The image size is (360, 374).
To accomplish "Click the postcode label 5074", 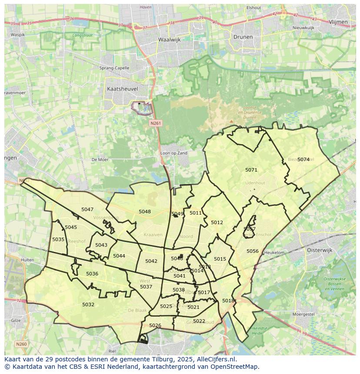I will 303,159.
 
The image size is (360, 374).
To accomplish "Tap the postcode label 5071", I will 251,170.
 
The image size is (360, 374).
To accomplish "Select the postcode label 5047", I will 87,209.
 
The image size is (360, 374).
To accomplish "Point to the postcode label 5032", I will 88,304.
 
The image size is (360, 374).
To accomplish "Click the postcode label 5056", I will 253,251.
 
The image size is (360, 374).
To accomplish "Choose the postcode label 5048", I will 145,212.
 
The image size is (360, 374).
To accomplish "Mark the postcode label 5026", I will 155,325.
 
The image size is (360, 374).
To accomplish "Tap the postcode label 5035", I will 58,239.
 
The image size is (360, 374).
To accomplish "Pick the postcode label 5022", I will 199,321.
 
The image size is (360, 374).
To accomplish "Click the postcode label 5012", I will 217,222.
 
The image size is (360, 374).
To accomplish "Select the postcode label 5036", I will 92,274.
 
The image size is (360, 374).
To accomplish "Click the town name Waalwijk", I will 169,39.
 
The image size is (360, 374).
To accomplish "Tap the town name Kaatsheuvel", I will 122,89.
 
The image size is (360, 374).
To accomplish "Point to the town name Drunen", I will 243,37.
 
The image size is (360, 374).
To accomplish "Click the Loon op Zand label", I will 174,153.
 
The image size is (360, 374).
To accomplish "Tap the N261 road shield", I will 156,123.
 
